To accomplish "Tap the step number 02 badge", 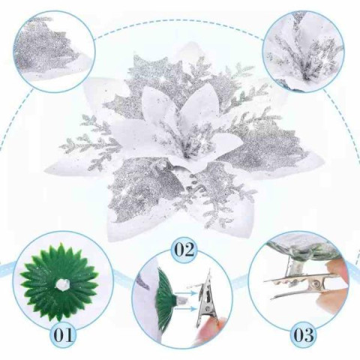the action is coord(184,249).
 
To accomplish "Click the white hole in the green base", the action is coord(62,284).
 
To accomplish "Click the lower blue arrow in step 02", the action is coord(185,309).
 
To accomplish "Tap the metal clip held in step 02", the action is coord(205,304).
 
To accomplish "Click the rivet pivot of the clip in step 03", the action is coord(316,284).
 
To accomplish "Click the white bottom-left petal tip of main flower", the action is coord(115,230).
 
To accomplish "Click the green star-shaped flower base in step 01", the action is coord(59,283).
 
